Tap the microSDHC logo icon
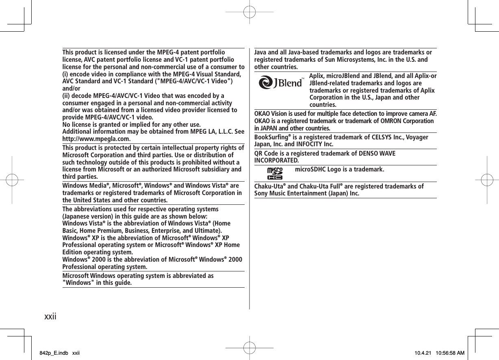[275, 173]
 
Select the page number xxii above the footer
[50, 315]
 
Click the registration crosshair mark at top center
[249, 12]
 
